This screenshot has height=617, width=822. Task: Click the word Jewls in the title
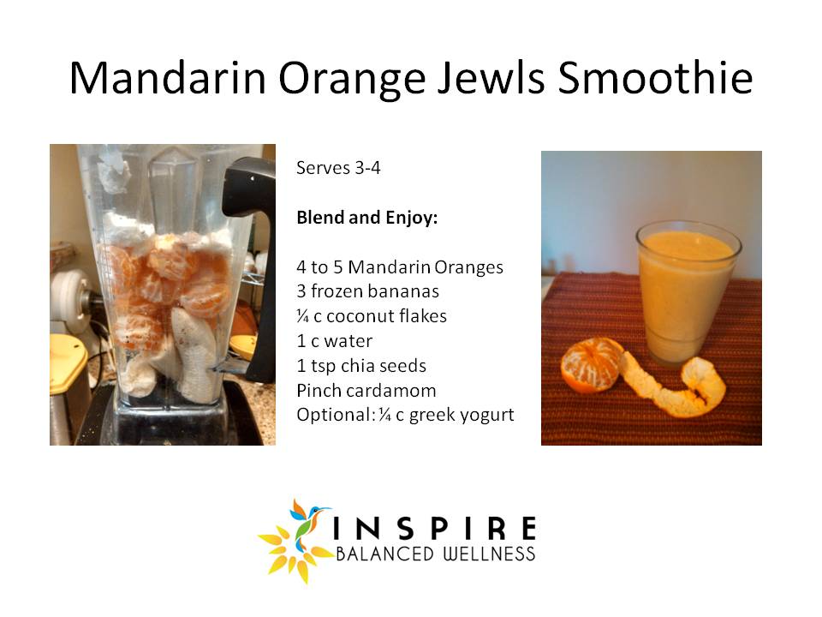tap(491, 78)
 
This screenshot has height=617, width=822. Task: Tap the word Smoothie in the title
tap(655, 78)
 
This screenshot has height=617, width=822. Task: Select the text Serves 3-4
tap(338, 168)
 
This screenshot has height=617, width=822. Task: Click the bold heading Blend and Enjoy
tap(367, 217)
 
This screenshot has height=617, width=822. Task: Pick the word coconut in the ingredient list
tap(360, 316)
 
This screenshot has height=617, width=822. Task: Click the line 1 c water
tap(335, 341)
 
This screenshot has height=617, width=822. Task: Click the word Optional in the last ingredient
tap(336, 415)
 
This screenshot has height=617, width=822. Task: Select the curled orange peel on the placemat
tap(676, 382)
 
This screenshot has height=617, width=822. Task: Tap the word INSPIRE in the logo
tap(435, 528)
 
